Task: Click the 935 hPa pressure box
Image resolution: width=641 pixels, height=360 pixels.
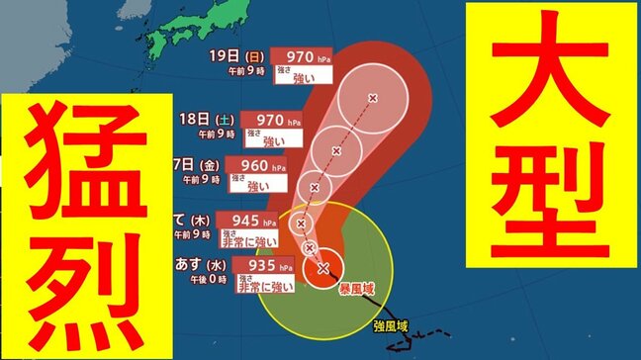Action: (267, 267)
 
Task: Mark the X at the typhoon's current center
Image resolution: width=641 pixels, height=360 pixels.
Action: (323, 268)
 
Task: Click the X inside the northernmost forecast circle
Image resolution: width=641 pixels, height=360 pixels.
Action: (372, 98)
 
